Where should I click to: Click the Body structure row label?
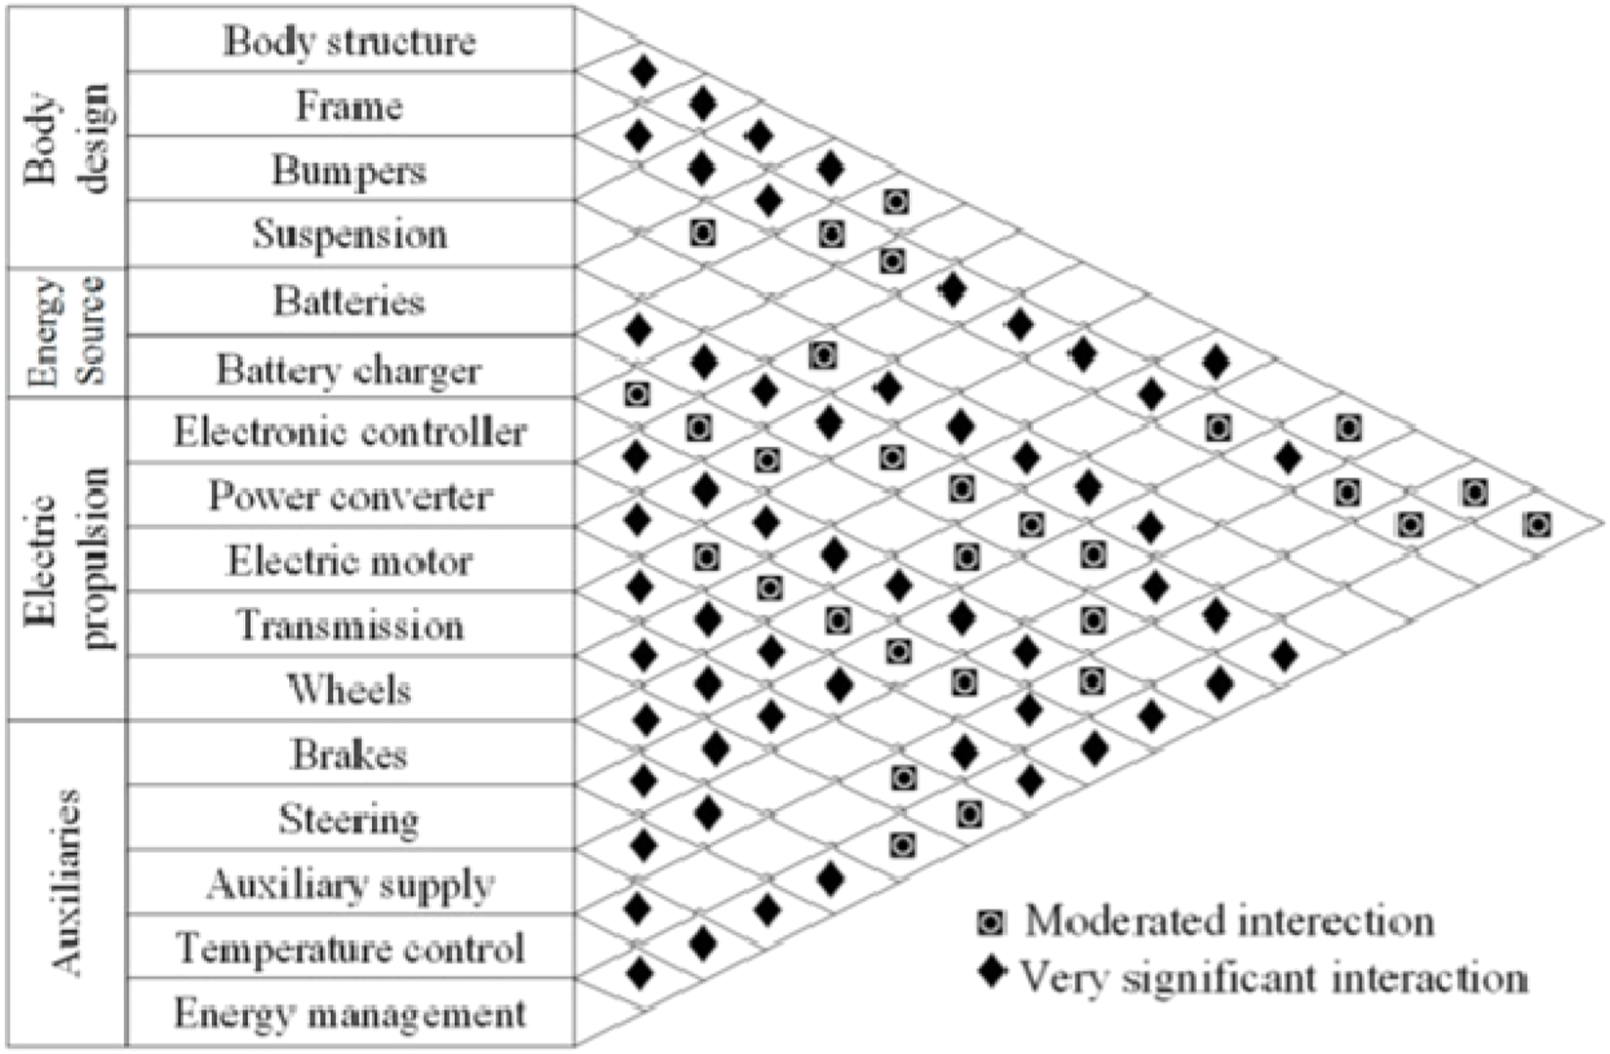(x=350, y=41)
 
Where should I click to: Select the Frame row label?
(x=350, y=105)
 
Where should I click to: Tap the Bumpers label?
(x=350, y=171)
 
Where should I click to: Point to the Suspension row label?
(x=350, y=234)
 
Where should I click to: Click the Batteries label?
(x=350, y=301)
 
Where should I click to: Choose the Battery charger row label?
(x=350, y=370)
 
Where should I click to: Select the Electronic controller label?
(x=350, y=431)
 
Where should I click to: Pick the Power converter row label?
(x=350, y=496)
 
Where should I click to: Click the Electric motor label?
(x=350, y=561)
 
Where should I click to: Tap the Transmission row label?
(x=350, y=625)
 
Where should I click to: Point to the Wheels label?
(x=350, y=690)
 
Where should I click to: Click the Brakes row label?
(x=350, y=754)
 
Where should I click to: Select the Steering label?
(x=350, y=819)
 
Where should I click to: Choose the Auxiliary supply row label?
(x=350, y=884)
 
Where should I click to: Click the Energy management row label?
(x=350, y=1014)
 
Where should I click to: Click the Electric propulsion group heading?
(x=68, y=558)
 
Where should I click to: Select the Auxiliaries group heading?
(x=66, y=883)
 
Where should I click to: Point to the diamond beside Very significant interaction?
(x=992, y=973)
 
